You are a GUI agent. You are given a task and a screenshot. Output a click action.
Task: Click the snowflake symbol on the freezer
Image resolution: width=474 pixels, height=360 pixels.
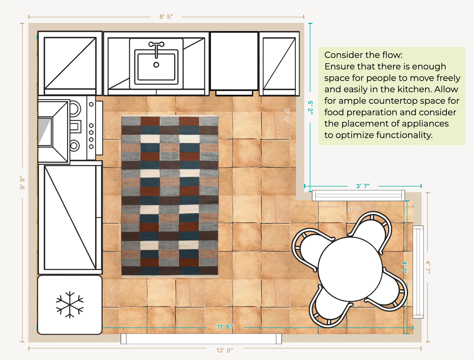pyautogui.click(x=70, y=305)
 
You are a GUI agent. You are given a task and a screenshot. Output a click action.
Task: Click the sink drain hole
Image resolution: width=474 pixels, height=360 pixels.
pyautogui.click(x=156, y=65)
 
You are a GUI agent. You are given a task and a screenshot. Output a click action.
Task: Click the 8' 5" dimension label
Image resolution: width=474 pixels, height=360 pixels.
pyautogui.click(x=166, y=17)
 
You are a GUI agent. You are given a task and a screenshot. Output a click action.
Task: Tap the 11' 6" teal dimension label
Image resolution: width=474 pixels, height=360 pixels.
pyautogui.click(x=224, y=327)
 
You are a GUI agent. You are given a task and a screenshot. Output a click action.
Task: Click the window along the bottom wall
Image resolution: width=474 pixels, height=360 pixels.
pyautogui.click(x=201, y=338)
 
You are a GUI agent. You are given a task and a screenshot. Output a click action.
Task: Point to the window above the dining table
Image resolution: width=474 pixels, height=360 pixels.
pyautogui.click(x=359, y=195)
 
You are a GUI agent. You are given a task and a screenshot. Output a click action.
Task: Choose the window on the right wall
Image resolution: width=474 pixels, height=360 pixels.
pyautogui.click(x=418, y=272)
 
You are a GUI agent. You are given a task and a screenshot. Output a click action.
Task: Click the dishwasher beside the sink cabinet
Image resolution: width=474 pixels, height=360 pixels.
pyautogui.click(x=234, y=62)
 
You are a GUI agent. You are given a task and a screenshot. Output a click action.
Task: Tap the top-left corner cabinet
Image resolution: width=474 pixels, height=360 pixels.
pyautogui.click(x=70, y=63)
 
